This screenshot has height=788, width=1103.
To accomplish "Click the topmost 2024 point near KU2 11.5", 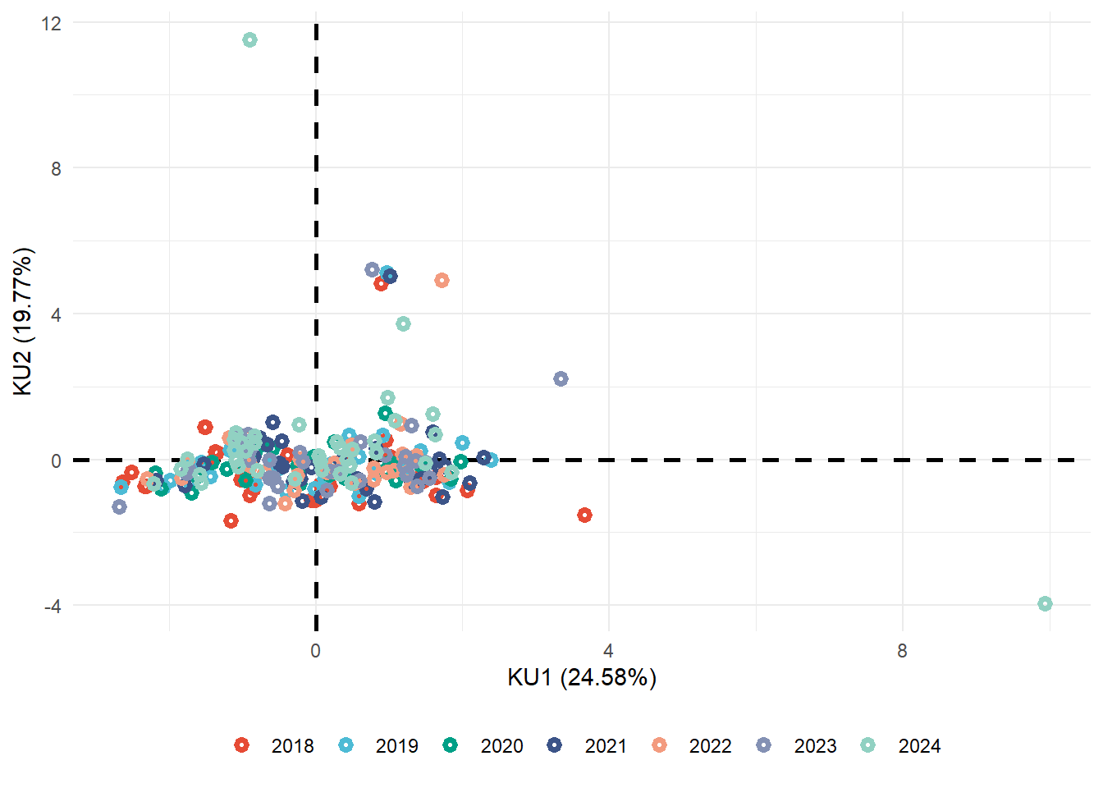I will (250, 40).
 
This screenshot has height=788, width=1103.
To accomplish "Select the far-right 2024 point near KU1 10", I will (1045, 604).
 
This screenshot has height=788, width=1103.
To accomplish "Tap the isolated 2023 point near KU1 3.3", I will (561, 379).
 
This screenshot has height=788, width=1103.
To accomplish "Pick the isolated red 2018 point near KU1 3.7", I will (584, 515).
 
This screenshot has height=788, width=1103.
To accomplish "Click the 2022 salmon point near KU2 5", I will (442, 281).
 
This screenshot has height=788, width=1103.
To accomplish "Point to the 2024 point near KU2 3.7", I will (403, 324).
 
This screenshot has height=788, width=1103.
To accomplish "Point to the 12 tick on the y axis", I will (51, 23).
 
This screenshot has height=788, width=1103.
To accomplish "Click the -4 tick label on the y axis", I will (53, 607).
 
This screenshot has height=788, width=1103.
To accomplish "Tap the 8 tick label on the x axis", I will (902, 651).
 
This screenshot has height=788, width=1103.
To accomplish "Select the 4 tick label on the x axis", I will (608, 651).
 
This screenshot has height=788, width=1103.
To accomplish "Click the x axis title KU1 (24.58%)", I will (582, 677).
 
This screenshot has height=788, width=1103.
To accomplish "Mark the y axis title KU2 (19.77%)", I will (23, 322).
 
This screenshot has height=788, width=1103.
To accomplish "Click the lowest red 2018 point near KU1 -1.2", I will (231, 521).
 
